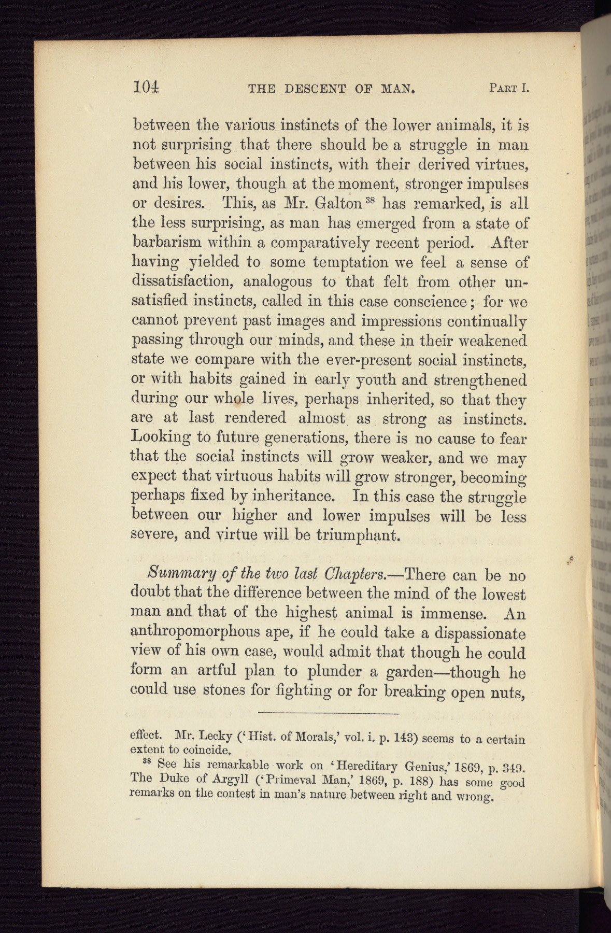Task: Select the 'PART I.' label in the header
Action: pyautogui.click(x=508, y=88)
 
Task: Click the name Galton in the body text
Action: pyautogui.click(x=338, y=204)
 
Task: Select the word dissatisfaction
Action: pyautogui.click(x=184, y=281)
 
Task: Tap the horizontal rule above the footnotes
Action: pyautogui.click(x=328, y=714)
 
